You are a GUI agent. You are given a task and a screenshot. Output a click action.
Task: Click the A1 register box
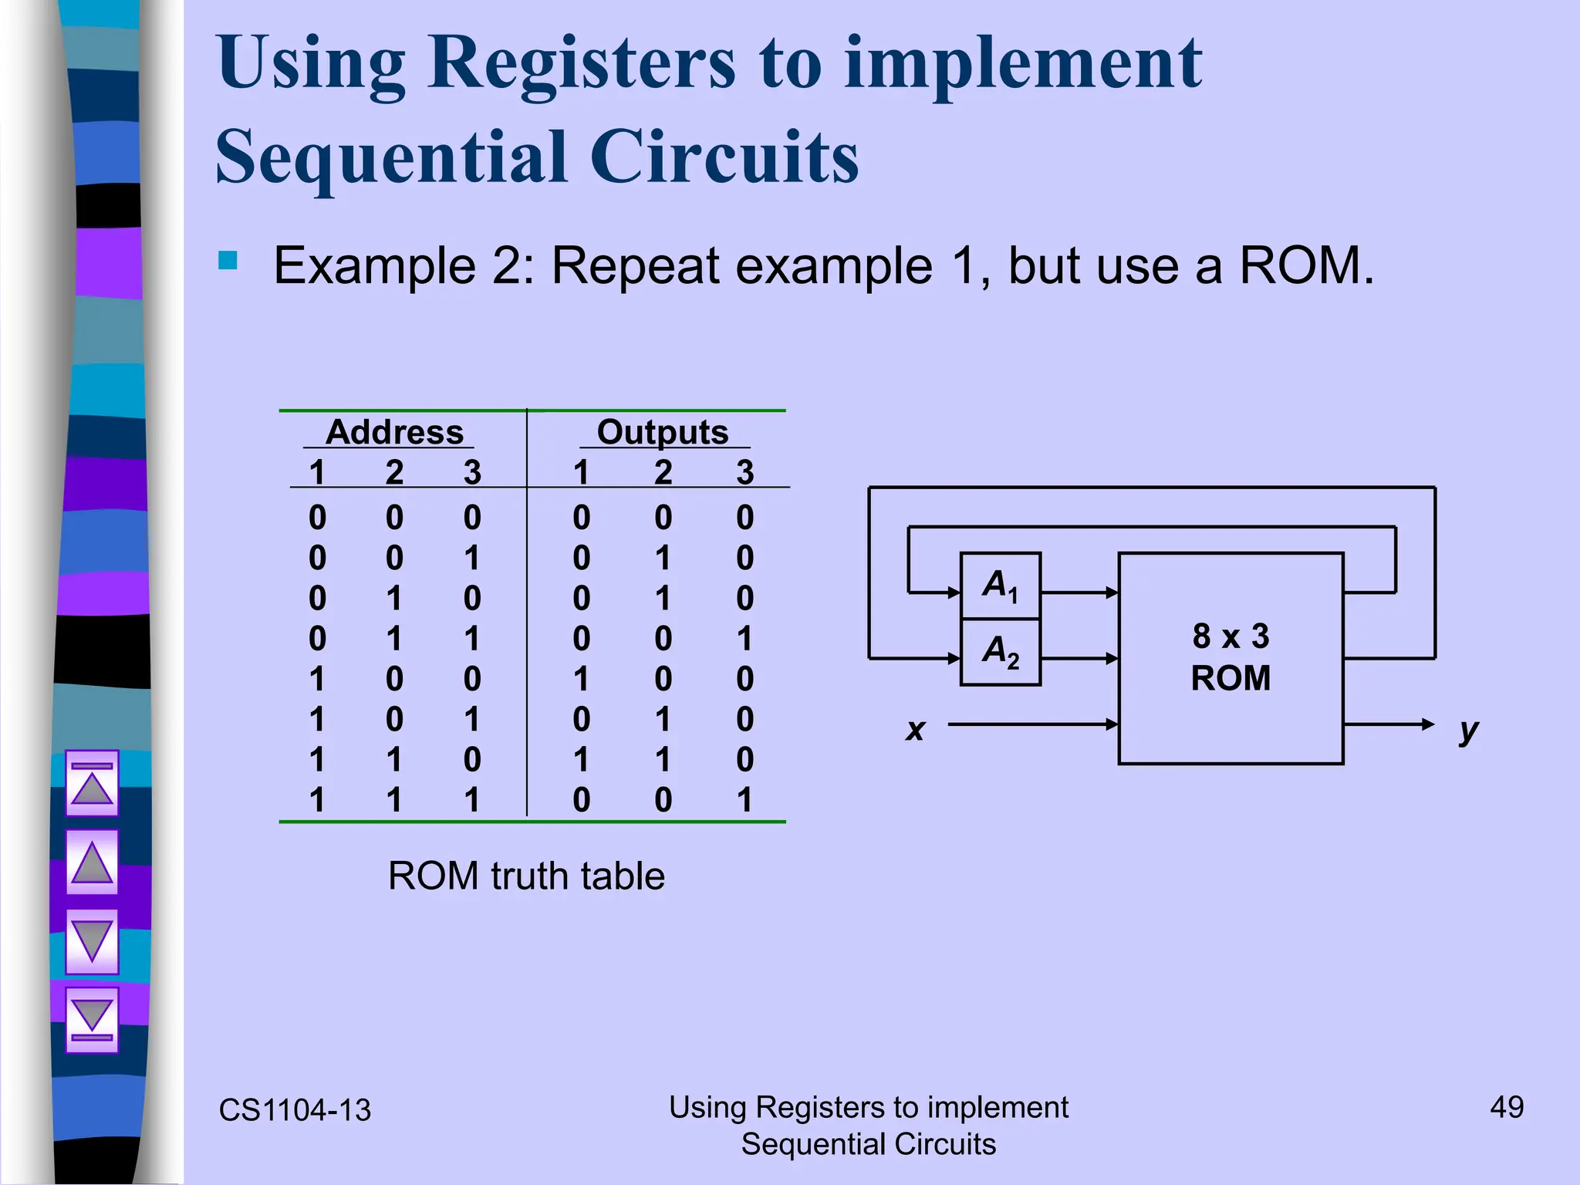pyautogui.click(x=1000, y=586)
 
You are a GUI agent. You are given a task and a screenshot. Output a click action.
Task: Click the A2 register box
pyautogui.click(x=1000, y=652)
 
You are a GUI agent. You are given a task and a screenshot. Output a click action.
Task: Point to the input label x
pyautogui.click(x=915, y=728)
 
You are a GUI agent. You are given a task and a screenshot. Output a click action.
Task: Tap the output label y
pyautogui.click(x=1468, y=728)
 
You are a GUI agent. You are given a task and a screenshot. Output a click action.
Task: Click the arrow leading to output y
pyautogui.click(x=1389, y=724)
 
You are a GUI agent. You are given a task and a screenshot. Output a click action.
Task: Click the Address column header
pyautogui.click(x=394, y=432)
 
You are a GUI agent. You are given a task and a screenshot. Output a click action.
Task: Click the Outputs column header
pyautogui.click(x=663, y=432)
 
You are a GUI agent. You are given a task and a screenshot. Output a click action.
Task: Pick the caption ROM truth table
pyautogui.click(x=526, y=876)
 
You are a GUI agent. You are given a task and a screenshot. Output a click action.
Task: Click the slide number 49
pyautogui.click(x=1506, y=1107)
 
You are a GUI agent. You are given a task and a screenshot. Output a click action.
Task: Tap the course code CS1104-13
pyautogui.click(x=295, y=1110)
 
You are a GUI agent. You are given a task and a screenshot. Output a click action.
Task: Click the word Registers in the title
pyautogui.click(x=581, y=63)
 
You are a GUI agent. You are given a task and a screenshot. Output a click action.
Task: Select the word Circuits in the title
pyautogui.click(x=724, y=157)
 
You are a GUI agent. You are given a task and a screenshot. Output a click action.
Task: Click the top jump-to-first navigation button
pyautogui.click(x=92, y=782)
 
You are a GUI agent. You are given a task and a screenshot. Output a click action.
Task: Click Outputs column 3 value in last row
pyautogui.click(x=744, y=800)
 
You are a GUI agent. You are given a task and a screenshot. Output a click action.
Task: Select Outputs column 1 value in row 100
pyautogui.click(x=581, y=679)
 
